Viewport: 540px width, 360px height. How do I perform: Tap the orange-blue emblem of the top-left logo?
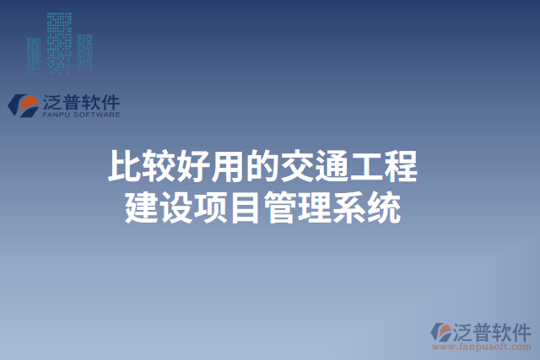tap(24, 105)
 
